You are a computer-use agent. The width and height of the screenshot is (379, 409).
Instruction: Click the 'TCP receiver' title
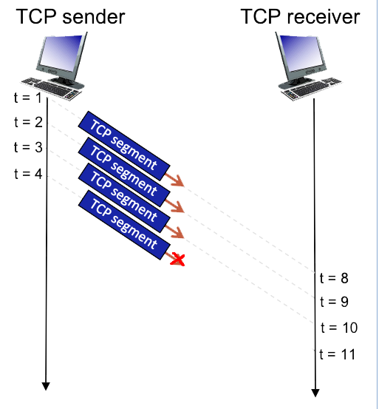(x=301, y=16)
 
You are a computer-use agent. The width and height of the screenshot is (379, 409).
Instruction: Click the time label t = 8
(x=333, y=278)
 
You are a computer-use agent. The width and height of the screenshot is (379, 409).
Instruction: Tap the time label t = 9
(x=333, y=302)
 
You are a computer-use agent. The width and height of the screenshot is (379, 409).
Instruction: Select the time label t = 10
(x=337, y=328)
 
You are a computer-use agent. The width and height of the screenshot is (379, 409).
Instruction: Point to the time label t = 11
(x=337, y=354)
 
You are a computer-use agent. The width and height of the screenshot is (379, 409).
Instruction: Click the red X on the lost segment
(x=177, y=259)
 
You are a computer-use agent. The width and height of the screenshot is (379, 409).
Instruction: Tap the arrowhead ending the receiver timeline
(x=315, y=391)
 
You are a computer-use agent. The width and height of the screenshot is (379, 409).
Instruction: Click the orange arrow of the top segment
(x=174, y=180)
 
